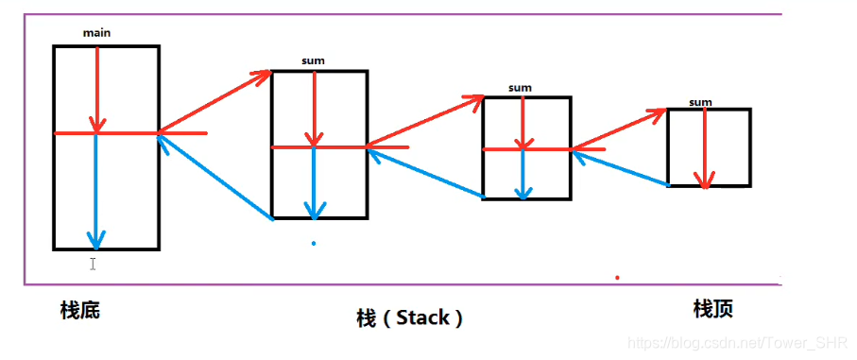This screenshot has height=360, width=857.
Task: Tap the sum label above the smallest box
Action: click(700, 102)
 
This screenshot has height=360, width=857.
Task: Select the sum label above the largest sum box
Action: click(313, 61)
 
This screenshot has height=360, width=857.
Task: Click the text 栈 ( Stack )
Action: click(409, 317)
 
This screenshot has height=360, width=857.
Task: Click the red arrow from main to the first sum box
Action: click(215, 102)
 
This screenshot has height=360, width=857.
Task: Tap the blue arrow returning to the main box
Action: click(216, 178)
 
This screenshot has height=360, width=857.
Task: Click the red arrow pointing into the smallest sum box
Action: click(621, 129)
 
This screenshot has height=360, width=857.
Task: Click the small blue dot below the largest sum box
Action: click(314, 244)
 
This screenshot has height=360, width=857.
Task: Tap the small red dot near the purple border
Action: click(617, 278)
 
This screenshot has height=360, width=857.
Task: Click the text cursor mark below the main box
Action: click(93, 264)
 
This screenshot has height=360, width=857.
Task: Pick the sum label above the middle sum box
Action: click(520, 88)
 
